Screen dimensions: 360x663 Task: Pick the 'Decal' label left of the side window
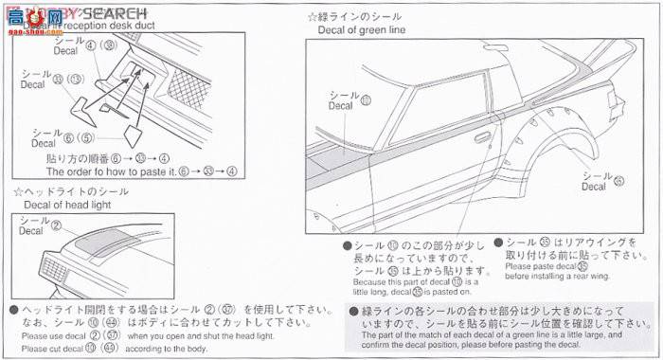339,106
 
